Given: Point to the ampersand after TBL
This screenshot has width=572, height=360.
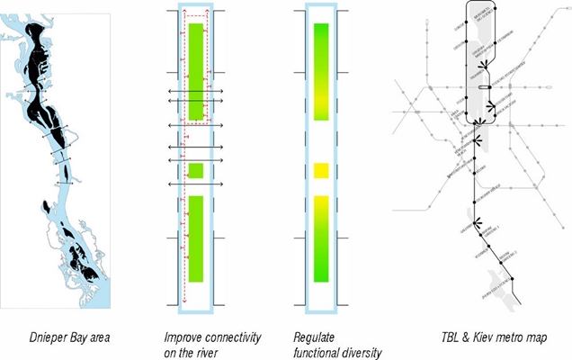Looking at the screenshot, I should click(x=463, y=337).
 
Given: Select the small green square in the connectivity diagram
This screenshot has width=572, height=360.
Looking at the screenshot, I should click(x=196, y=170).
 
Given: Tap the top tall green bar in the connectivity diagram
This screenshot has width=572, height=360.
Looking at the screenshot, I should click(x=196, y=73).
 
